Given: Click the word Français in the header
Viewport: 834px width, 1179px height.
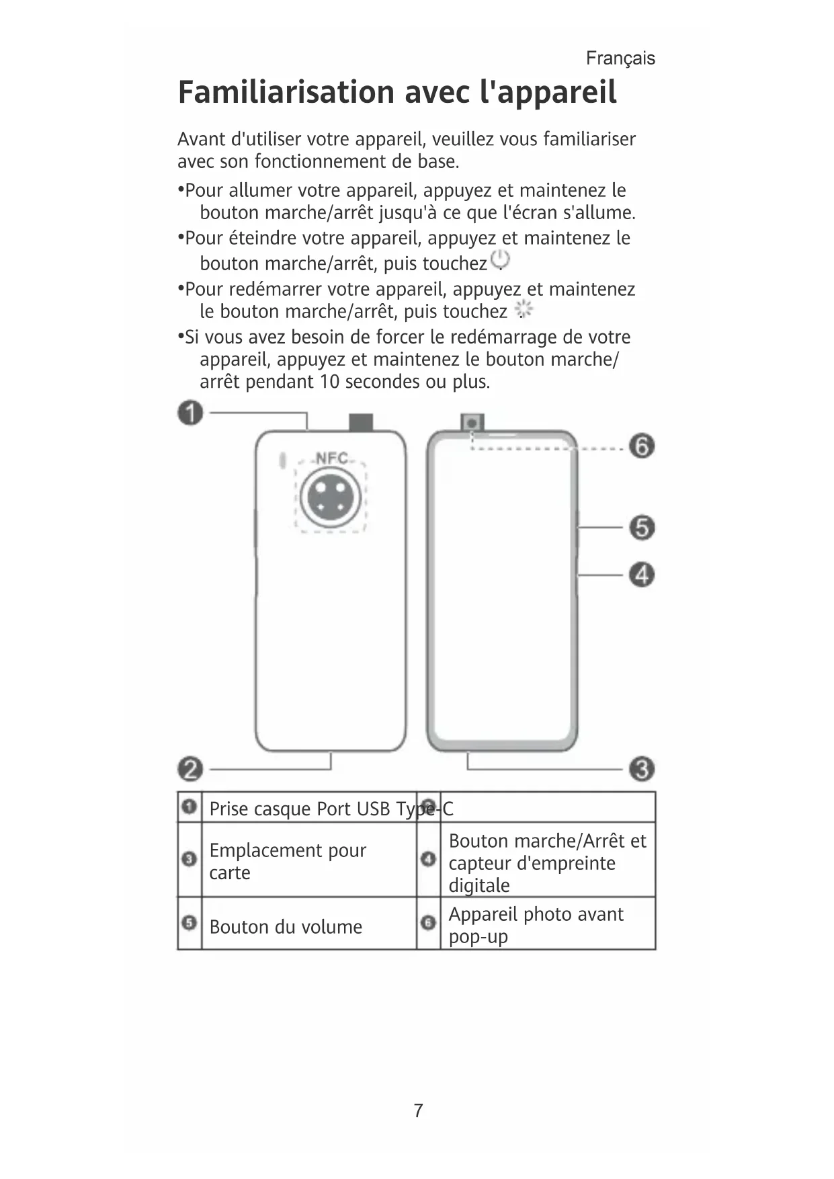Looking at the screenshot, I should (620, 58).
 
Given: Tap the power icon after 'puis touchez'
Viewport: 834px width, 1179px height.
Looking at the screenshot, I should (500, 259).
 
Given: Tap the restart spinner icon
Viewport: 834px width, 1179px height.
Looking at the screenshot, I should (524, 310).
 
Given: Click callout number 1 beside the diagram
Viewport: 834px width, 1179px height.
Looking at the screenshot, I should (190, 412).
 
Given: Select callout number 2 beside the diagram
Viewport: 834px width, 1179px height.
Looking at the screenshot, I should (190, 768).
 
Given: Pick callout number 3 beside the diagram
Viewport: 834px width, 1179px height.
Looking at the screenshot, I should (642, 768).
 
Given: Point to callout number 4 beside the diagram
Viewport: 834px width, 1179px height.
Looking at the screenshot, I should (642, 575).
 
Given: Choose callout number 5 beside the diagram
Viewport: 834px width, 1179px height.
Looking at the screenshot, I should (642, 527).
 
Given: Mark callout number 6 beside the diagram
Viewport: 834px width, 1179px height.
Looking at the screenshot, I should (642, 446).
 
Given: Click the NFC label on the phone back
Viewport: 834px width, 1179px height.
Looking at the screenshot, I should (331, 458).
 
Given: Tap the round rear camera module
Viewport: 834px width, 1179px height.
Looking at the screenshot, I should (331, 497).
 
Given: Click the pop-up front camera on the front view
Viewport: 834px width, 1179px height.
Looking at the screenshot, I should (472, 423).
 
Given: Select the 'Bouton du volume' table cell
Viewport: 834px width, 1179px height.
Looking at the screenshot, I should (286, 927).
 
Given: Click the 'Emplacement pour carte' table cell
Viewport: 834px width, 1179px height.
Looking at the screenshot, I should (287, 861).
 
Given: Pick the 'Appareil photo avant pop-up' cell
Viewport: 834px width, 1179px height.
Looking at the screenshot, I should (536, 925).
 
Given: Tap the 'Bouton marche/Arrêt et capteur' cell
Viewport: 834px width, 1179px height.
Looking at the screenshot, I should (546, 862).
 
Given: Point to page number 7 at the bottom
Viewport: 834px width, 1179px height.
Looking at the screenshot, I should (418, 1110).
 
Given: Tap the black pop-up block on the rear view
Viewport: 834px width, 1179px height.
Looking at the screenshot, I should (361, 423).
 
